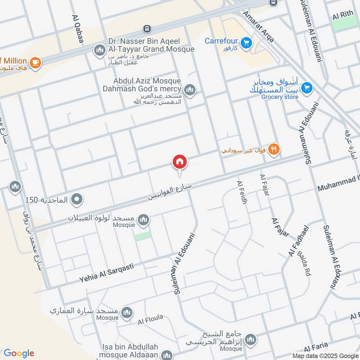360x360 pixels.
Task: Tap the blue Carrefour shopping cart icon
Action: tap(246, 43)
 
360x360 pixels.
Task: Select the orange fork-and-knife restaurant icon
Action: tap(273, 149)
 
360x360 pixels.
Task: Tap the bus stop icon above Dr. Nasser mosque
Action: tap(147, 29)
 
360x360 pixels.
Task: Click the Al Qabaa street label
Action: tap(77, 29)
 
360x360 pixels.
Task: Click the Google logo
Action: tap(19, 353)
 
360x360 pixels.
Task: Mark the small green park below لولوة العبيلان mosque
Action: tap(143, 236)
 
